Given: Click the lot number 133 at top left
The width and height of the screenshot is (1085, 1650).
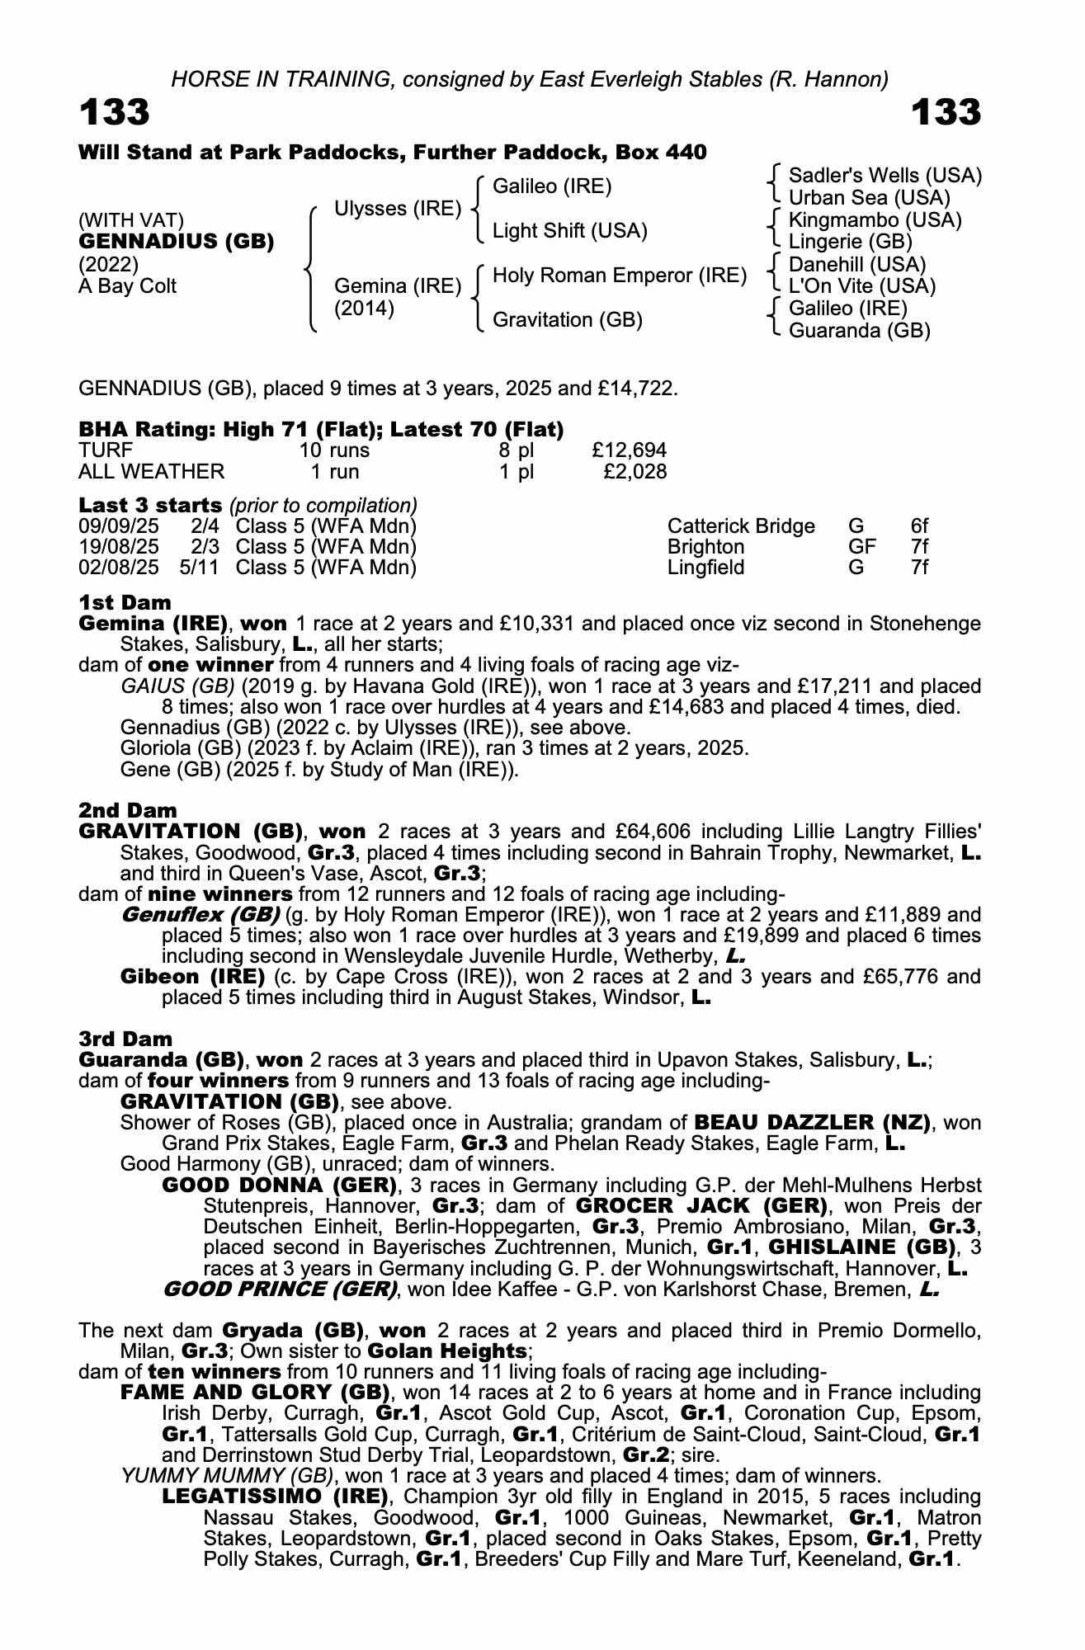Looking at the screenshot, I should [x=114, y=113].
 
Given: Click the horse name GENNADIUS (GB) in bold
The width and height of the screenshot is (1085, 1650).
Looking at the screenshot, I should [x=176, y=243].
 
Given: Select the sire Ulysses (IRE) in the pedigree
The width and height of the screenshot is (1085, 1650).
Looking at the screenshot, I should [x=397, y=209].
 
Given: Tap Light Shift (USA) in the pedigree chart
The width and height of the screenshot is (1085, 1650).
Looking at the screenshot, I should [x=569, y=231].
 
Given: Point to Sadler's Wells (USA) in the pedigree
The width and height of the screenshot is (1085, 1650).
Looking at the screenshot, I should [x=885, y=176].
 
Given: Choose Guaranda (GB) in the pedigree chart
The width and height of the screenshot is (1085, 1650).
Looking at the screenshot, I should [x=859, y=331].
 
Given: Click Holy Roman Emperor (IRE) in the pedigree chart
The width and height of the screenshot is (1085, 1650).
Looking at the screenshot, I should [x=619, y=276].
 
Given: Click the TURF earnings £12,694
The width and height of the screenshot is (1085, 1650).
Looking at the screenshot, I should [x=629, y=450].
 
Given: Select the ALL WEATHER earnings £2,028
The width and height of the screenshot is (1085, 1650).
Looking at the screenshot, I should [x=634, y=472].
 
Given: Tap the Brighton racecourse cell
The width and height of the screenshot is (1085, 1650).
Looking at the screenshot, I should [x=705, y=547].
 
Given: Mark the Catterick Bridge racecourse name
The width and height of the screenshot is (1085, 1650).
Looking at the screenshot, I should [x=740, y=526].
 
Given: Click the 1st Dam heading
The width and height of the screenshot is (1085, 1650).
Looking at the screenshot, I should [x=125, y=602].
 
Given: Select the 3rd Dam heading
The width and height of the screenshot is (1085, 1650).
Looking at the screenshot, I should [x=125, y=1039].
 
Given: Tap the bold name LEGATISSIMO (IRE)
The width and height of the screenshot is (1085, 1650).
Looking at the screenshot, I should [x=275, y=1497].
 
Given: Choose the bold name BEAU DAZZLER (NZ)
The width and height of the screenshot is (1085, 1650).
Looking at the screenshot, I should [x=812, y=1123].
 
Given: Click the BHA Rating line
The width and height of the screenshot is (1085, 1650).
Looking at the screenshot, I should [x=321, y=430].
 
